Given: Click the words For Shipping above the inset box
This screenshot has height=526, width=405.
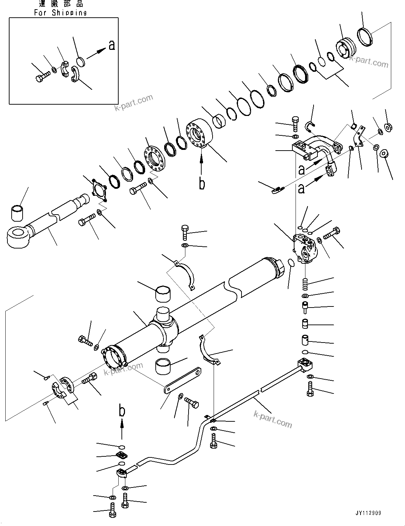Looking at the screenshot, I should [60, 13].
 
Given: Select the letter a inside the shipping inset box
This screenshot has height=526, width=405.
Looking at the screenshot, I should [112, 45].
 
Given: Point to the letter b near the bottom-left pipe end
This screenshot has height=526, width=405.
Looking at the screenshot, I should [122, 411].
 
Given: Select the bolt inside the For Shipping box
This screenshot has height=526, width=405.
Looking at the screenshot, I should [42, 76].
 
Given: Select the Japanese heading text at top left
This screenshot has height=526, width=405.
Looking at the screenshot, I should [61, 4].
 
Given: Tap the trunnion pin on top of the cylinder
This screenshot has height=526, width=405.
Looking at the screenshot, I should [163, 315].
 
